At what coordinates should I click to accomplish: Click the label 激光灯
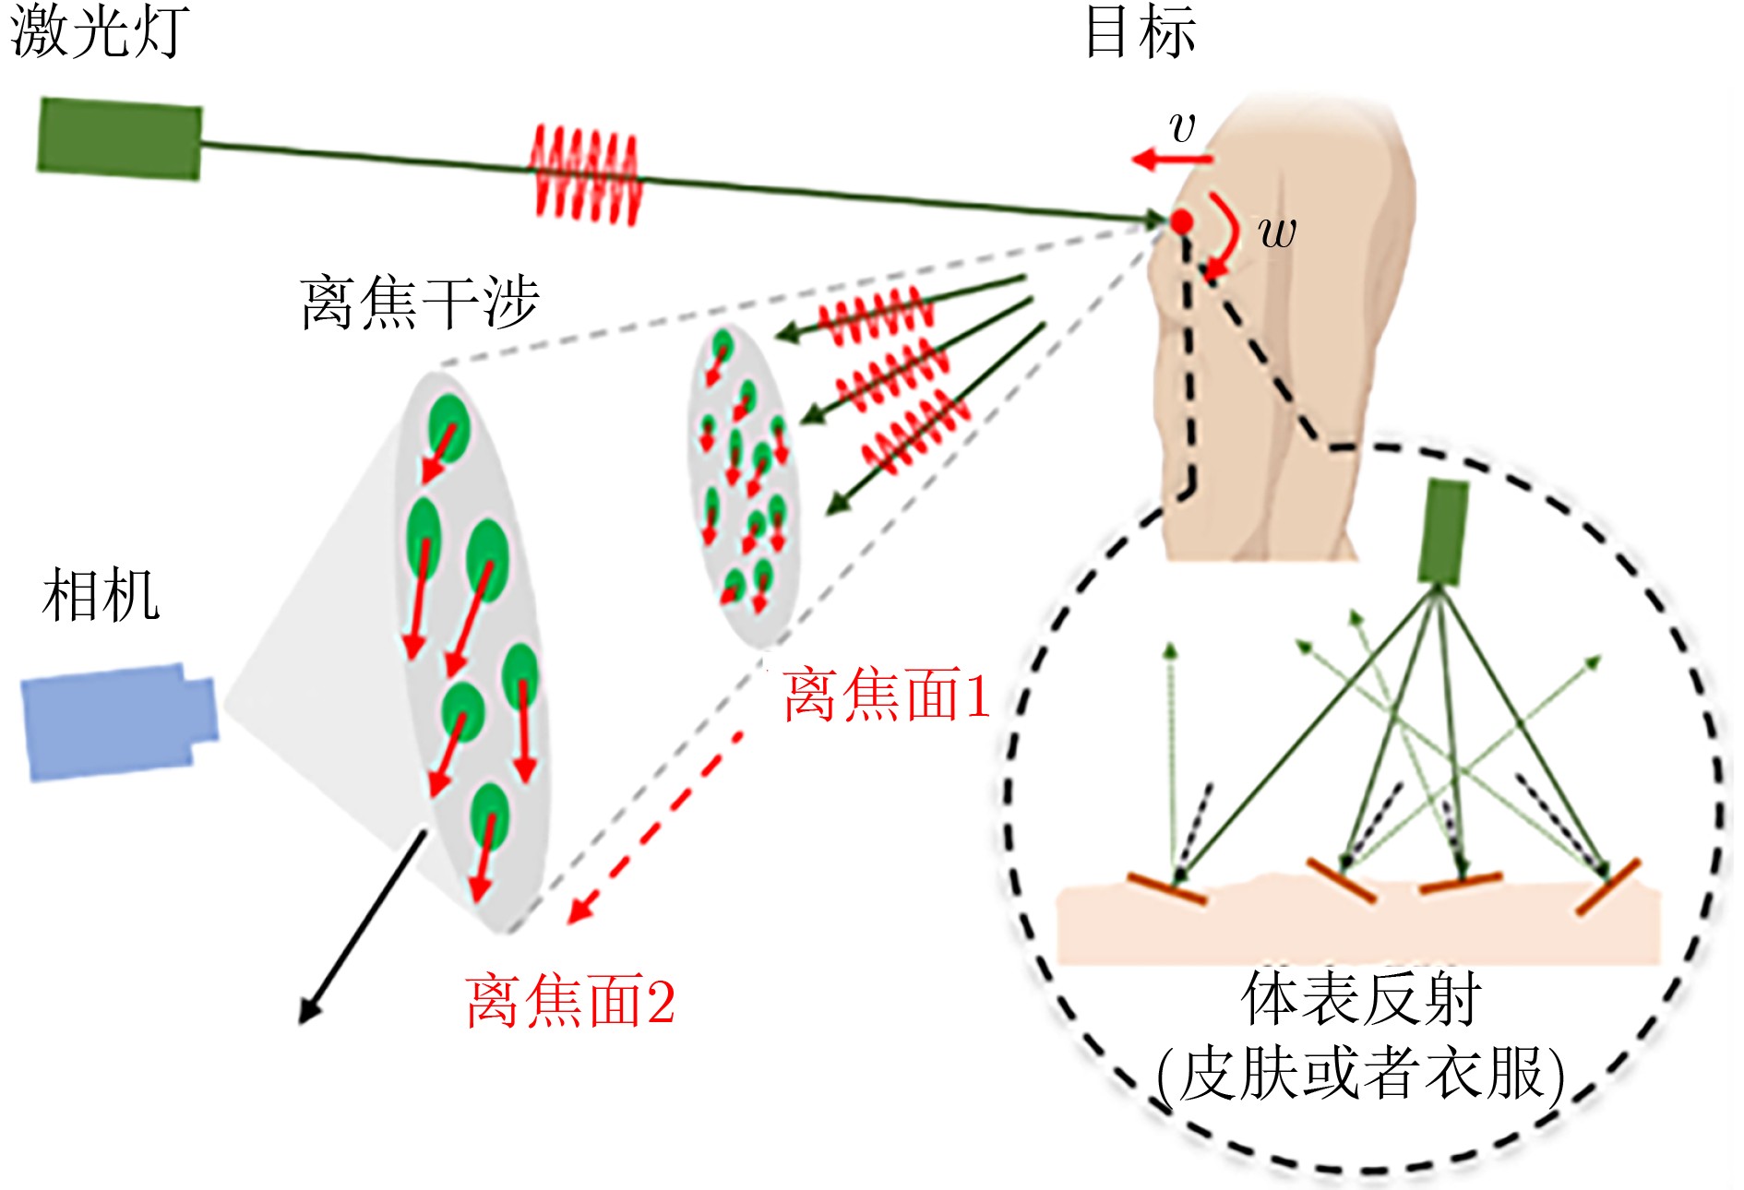coord(100,32)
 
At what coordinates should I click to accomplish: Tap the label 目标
coord(1141,32)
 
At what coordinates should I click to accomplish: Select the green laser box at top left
coord(120,139)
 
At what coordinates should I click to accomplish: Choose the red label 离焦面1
coord(887,696)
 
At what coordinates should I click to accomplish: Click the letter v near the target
coord(1182,126)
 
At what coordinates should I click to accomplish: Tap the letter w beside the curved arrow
coord(1278,231)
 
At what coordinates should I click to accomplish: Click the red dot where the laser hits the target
coord(1182,221)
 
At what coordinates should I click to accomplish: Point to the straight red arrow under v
coord(1172,160)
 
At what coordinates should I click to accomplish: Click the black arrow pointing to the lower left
coord(360,927)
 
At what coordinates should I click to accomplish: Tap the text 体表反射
coord(1360,998)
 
